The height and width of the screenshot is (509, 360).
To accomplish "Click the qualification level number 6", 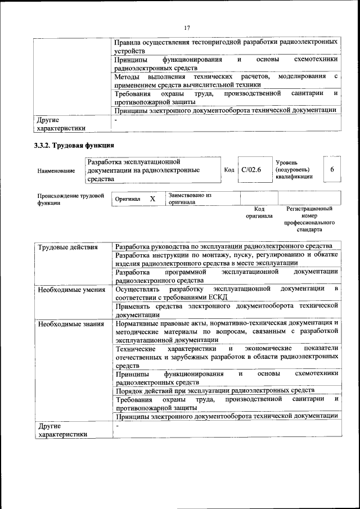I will click(x=332, y=170).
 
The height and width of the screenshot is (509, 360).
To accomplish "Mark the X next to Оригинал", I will click(x=152, y=199).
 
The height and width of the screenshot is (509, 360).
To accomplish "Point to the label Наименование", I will click(x=56, y=171).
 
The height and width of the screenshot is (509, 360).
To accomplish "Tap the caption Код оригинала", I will click(x=259, y=212).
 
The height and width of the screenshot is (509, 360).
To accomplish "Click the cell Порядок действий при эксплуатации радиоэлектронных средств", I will click(x=214, y=390).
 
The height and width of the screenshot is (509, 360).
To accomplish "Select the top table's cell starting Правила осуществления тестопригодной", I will click(x=226, y=46).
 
